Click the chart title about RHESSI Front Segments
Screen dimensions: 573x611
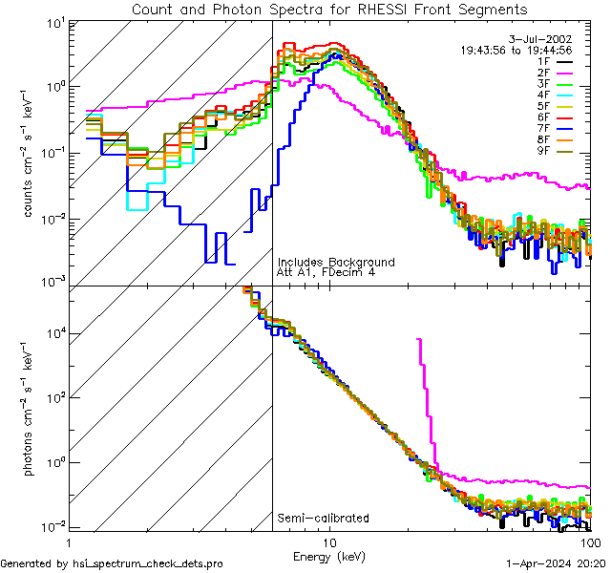pos(329,10)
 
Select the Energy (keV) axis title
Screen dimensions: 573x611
pos(328,556)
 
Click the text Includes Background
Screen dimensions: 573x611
pos(336,262)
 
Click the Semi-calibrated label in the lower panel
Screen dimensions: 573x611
pos(323,519)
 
